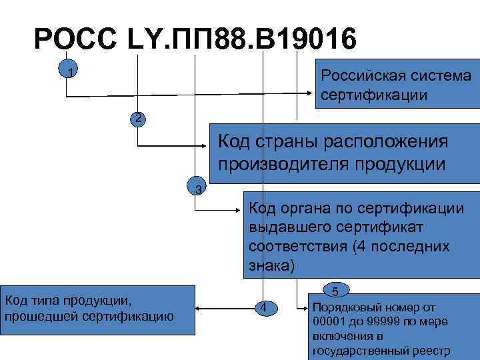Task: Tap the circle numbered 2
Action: click(x=137, y=119)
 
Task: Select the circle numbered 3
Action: click(x=197, y=189)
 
